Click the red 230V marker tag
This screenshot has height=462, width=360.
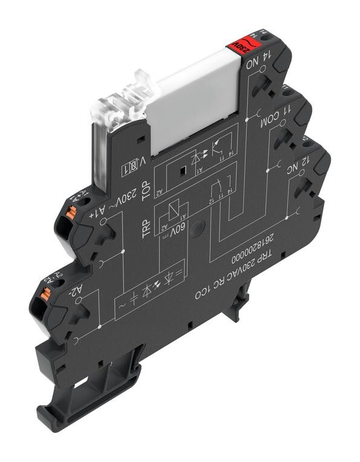point(234,45)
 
